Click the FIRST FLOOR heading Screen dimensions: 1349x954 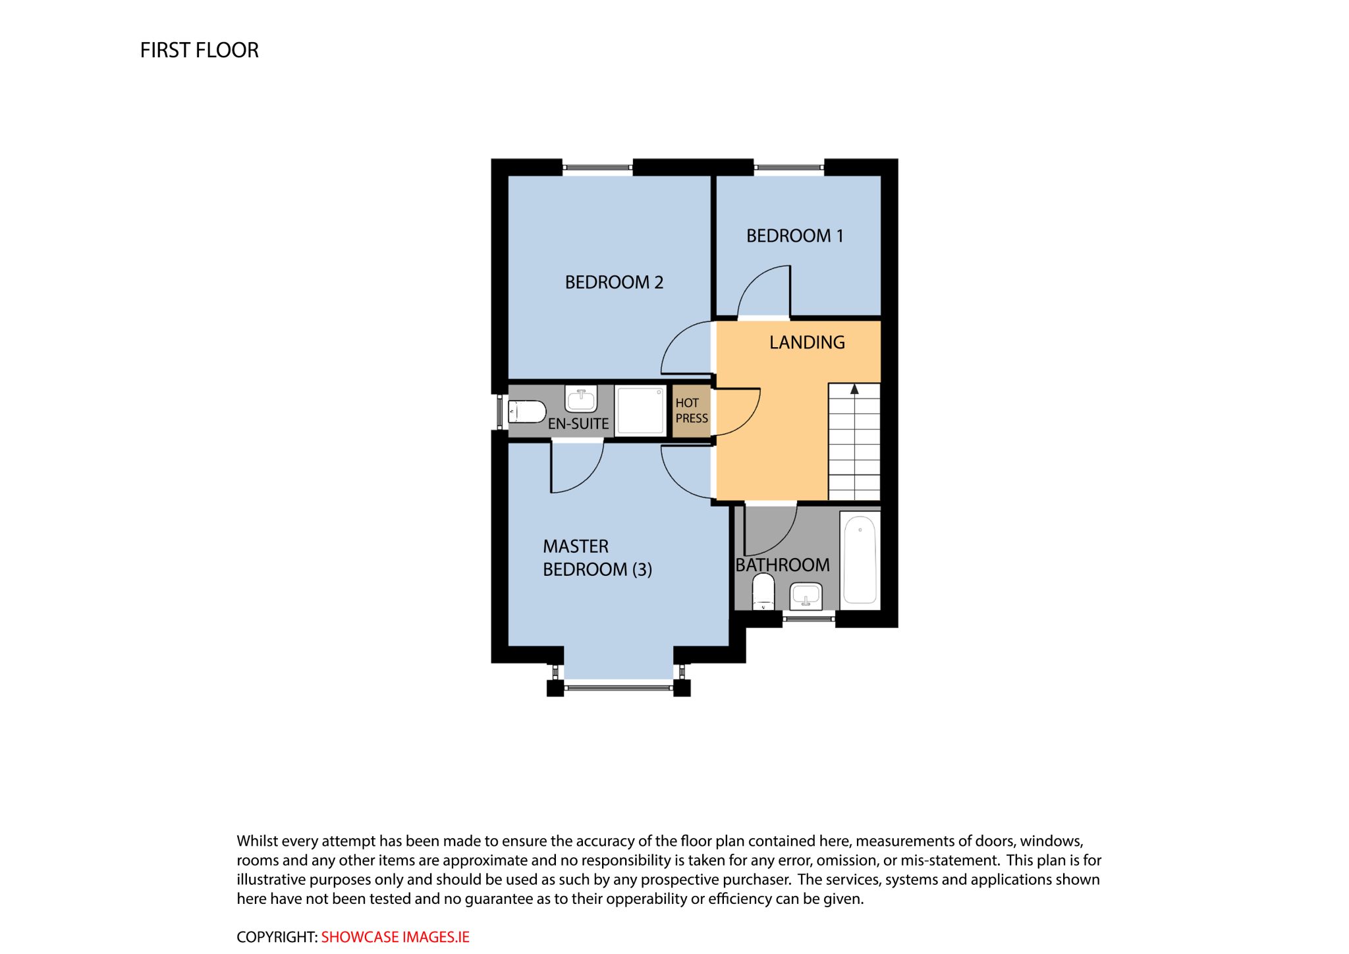199,50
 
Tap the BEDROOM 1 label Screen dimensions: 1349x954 794,236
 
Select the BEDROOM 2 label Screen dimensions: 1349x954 614,283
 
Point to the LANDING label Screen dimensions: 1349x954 807,343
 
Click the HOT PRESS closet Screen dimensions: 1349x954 692,411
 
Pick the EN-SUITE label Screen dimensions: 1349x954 578,424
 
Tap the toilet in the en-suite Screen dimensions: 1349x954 526,412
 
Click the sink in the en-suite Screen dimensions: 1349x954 581,399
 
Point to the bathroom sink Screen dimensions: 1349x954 806,596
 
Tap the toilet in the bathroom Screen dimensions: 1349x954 763,591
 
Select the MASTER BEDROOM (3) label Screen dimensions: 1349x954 597,558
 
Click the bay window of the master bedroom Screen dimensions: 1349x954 619,688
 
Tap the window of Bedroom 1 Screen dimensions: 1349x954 789,167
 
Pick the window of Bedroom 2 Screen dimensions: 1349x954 598,167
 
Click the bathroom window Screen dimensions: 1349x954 809,619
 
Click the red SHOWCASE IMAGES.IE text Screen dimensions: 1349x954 395,937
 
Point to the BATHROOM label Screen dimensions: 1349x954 783,565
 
